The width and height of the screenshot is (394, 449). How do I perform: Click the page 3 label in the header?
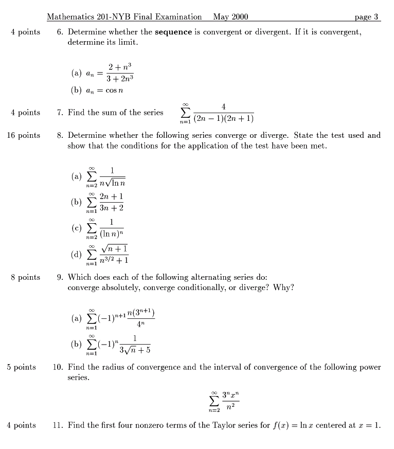click(x=367, y=16)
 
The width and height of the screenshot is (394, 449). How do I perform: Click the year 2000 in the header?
click(x=240, y=16)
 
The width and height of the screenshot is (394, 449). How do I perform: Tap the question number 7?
click(x=60, y=112)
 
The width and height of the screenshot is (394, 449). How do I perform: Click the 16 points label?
click(x=23, y=135)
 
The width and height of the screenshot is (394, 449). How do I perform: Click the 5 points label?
click(x=22, y=367)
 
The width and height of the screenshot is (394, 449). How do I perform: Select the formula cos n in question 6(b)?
click(x=116, y=90)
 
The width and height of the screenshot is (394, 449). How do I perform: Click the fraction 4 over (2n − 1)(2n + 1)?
click(x=223, y=114)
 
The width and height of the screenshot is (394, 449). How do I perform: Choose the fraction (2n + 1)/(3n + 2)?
click(x=111, y=202)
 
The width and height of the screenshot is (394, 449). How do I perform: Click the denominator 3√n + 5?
click(x=135, y=351)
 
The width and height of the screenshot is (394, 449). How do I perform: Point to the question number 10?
click(x=58, y=367)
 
